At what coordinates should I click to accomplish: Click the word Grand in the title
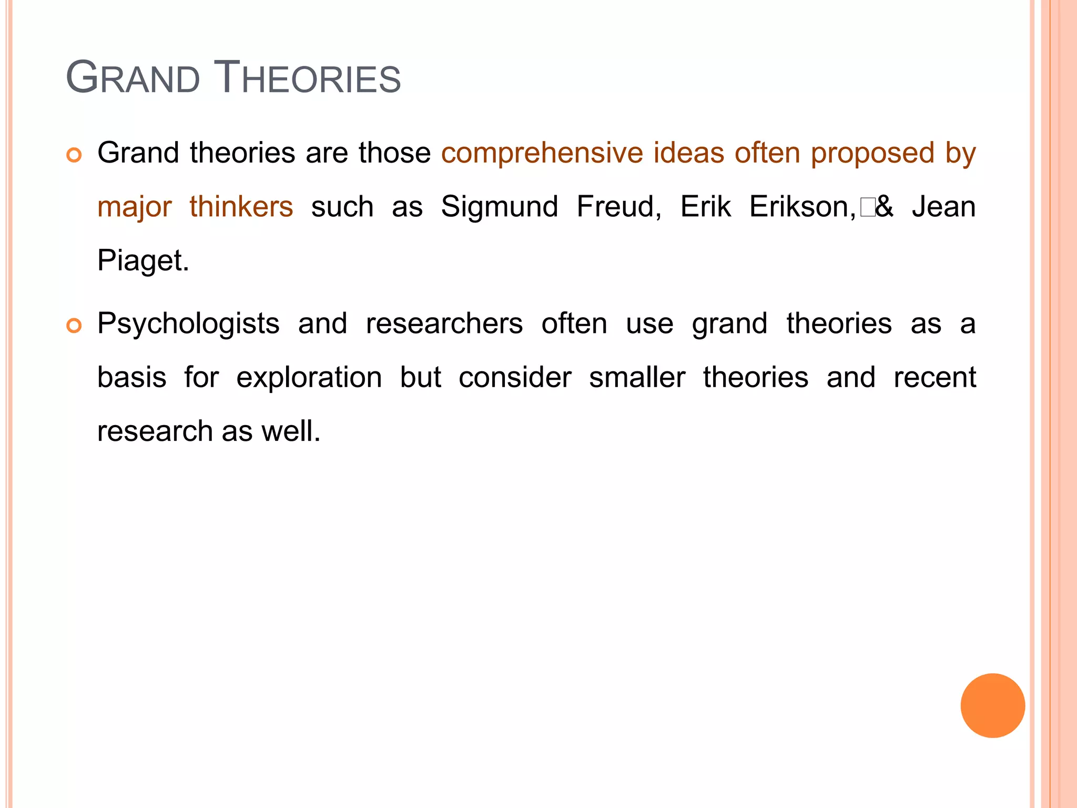click(x=133, y=78)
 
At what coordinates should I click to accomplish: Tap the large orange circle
click(x=992, y=705)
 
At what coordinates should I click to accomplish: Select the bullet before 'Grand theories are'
click(x=74, y=155)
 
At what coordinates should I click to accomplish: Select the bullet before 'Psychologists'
click(x=74, y=326)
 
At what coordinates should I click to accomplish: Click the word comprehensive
click(x=542, y=154)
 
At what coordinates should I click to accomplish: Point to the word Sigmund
click(x=499, y=207)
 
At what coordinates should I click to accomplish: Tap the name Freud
click(x=618, y=206)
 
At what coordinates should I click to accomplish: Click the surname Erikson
click(x=802, y=206)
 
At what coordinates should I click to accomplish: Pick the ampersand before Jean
click(x=885, y=206)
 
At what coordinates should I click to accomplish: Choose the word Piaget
click(x=143, y=261)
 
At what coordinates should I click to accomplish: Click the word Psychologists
click(x=188, y=324)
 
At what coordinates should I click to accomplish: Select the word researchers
click(x=444, y=324)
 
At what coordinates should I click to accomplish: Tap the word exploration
click(x=309, y=378)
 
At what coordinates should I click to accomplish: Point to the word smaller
click(x=637, y=378)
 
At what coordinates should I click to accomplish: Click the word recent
click(x=934, y=378)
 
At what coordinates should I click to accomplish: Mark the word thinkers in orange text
click(x=241, y=206)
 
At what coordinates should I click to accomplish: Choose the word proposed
click(x=872, y=154)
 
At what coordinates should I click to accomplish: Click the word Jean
click(x=944, y=206)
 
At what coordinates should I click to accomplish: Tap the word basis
click(x=132, y=378)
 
